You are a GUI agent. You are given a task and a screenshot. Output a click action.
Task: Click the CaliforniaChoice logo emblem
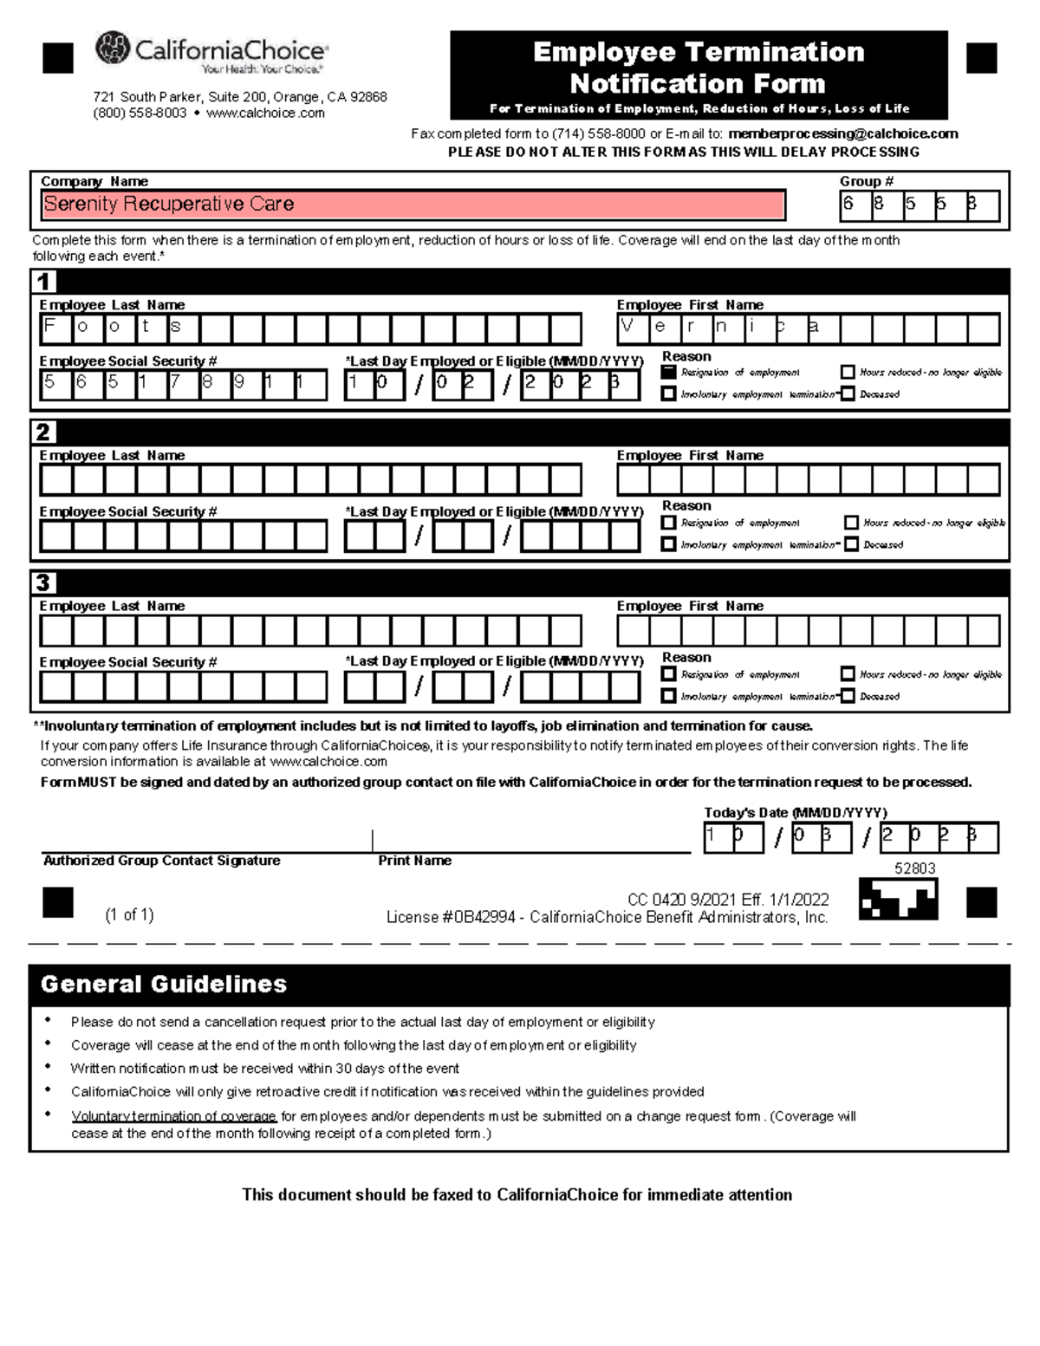(x=113, y=49)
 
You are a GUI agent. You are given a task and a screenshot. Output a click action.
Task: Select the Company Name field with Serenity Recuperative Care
(x=413, y=205)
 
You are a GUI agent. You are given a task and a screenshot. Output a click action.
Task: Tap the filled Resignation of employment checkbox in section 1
(x=668, y=372)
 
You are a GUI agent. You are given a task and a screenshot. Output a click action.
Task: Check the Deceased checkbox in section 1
(x=848, y=393)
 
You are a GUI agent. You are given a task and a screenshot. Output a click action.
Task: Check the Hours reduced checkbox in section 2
(x=851, y=523)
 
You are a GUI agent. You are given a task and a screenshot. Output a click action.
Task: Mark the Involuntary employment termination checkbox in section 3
(x=668, y=695)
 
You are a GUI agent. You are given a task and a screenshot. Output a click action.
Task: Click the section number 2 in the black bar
(x=43, y=432)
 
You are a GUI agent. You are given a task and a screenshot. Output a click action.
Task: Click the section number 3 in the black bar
(x=43, y=582)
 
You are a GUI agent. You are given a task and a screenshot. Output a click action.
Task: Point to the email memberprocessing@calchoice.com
(x=842, y=133)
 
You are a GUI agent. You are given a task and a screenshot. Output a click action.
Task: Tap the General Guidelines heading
(x=164, y=985)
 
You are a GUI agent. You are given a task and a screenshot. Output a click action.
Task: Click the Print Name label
(x=414, y=861)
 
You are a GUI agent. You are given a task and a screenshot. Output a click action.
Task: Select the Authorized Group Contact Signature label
(x=161, y=861)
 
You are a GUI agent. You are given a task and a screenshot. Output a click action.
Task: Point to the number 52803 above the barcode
(x=914, y=868)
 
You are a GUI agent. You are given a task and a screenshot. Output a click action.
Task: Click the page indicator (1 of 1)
(x=129, y=914)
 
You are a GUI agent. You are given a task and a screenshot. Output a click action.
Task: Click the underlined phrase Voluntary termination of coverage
(x=173, y=1116)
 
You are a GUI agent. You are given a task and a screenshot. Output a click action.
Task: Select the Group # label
(x=866, y=181)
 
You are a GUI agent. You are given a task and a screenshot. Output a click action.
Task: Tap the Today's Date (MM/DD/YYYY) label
(x=795, y=813)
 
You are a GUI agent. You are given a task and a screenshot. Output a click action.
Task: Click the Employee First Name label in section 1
(x=690, y=305)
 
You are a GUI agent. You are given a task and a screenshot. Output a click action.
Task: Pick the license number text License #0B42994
(x=451, y=918)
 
